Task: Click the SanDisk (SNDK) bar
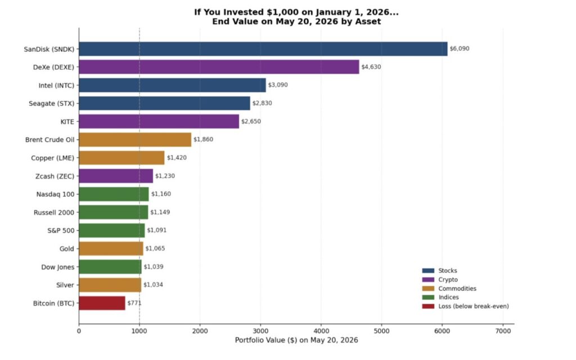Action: [263, 49]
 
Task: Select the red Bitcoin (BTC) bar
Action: [102, 303]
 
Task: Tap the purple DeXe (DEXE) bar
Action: [219, 67]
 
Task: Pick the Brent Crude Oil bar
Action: [135, 139]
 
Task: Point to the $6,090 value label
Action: [460, 48]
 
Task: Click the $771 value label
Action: [134, 303]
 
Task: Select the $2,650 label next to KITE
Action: [251, 121]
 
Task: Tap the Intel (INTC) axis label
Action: [57, 85]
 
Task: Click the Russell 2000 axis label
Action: [54, 212]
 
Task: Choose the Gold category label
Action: [67, 249]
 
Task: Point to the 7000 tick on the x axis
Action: [503, 331]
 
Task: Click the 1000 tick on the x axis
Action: [139, 331]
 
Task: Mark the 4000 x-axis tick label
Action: [321, 331]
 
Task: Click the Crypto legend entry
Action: [440, 280]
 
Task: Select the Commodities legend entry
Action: [449, 289]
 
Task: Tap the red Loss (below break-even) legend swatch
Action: [428, 307]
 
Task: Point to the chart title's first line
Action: [296, 12]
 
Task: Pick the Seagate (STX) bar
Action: [165, 103]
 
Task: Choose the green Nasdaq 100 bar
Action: [114, 194]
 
